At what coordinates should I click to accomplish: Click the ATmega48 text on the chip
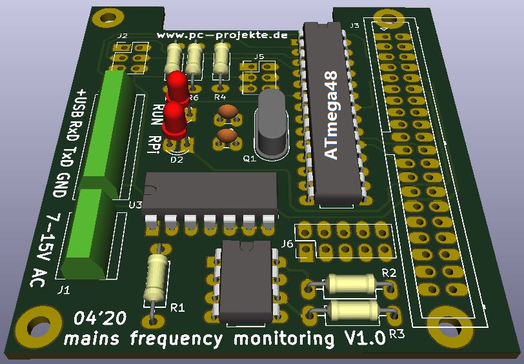pyautogui.click(x=330, y=115)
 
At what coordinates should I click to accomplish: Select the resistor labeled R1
pyautogui.click(x=156, y=278)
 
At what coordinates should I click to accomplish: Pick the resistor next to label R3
pyautogui.click(x=354, y=310)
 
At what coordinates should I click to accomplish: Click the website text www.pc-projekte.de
pyautogui.click(x=222, y=36)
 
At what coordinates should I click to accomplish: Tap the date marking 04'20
pyautogui.click(x=100, y=319)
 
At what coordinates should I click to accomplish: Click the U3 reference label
pyautogui.click(x=136, y=205)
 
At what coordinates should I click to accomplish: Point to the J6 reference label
pyautogui.click(x=287, y=244)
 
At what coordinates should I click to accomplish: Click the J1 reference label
pyautogui.click(x=64, y=290)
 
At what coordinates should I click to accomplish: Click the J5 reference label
pyautogui.click(x=259, y=57)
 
